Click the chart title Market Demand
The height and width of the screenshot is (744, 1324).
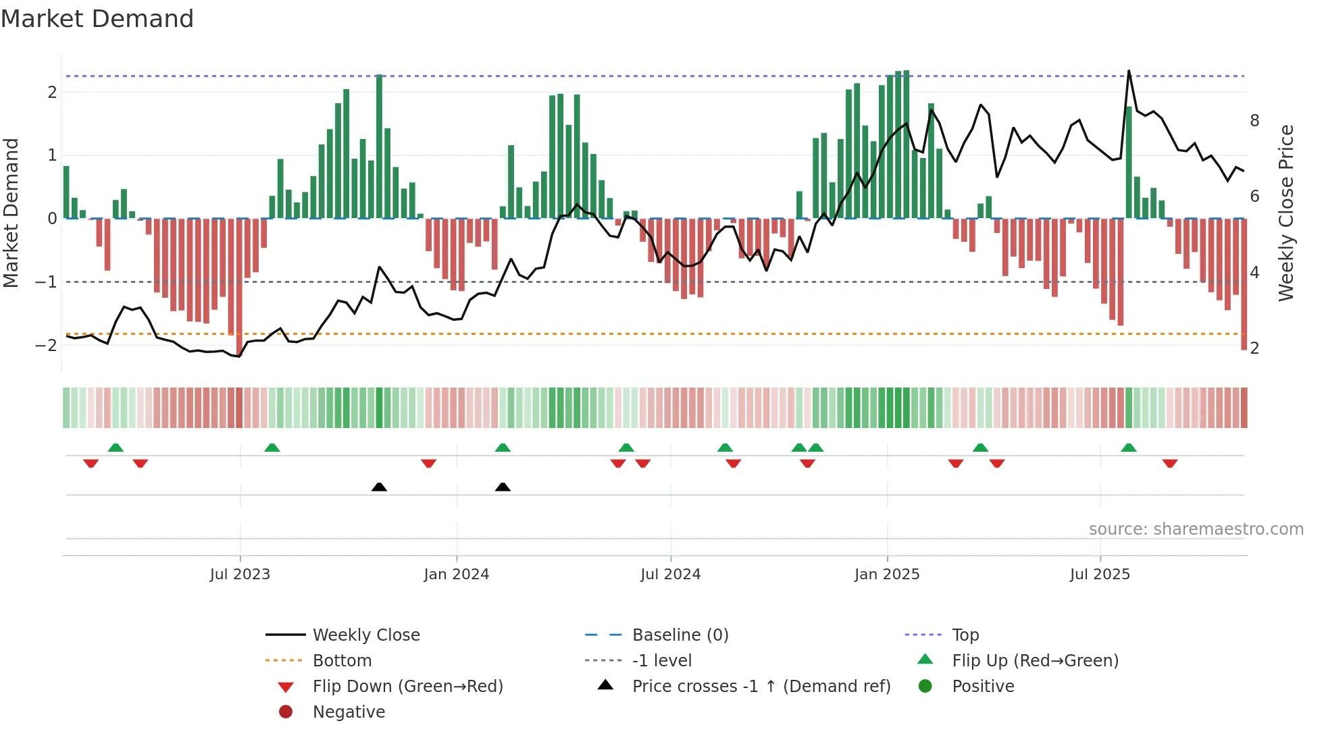click(x=97, y=19)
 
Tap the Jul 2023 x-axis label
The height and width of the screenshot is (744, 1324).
click(x=240, y=575)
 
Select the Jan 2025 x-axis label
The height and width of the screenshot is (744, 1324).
click(x=886, y=575)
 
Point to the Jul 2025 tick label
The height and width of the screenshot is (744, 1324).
click(x=1100, y=575)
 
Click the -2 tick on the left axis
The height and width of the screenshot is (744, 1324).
click(x=46, y=346)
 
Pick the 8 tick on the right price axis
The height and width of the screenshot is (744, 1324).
click(x=1254, y=121)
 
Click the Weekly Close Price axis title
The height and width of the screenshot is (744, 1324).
click(x=1286, y=213)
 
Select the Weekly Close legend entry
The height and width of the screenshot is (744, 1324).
click(x=365, y=635)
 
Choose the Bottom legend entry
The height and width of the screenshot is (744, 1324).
click(x=342, y=661)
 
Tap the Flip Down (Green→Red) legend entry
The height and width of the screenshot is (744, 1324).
click(x=407, y=687)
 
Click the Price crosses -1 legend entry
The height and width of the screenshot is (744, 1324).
click(x=761, y=687)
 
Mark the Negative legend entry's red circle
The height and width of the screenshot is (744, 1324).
click(x=286, y=712)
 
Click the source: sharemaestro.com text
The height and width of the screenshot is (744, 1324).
click(x=1196, y=529)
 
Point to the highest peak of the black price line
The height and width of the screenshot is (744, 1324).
click(x=1128, y=72)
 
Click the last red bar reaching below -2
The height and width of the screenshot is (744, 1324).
click(x=1244, y=284)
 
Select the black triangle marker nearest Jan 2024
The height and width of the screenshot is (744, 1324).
click(x=503, y=487)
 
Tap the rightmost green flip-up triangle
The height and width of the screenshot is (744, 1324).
click(x=1128, y=448)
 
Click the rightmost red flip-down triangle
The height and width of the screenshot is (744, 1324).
click(x=1170, y=464)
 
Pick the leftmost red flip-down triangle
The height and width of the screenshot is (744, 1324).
click(x=91, y=464)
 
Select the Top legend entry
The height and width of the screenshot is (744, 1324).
click(x=965, y=635)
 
